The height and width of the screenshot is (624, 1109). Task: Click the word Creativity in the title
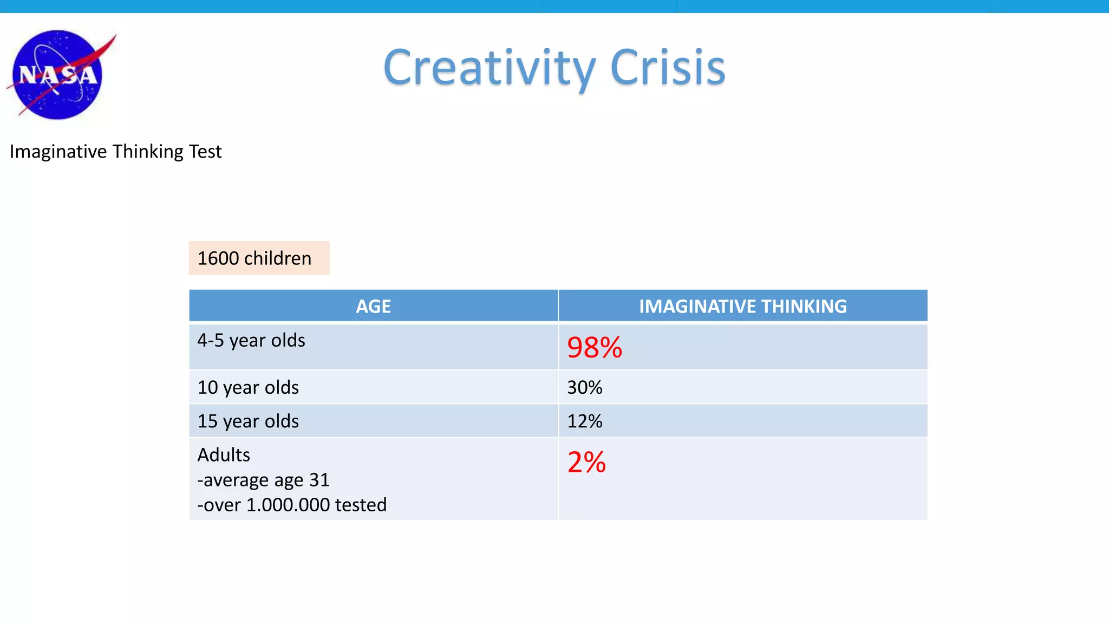[488, 68]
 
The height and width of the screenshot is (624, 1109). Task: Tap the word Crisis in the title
[667, 68]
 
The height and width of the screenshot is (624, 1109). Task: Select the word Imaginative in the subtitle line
[58, 152]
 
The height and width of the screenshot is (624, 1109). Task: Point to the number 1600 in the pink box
[218, 258]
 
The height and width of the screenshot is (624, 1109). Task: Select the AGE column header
[373, 307]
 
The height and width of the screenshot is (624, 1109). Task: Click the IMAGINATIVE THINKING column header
[742, 307]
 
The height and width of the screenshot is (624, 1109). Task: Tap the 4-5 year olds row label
[251, 341]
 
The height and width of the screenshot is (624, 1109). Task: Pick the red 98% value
[594, 348]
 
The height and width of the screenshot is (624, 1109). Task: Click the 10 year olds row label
[248, 388]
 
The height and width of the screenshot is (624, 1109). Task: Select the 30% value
[584, 388]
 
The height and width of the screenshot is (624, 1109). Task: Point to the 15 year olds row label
[248, 421]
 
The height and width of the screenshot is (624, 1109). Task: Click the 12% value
[584, 421]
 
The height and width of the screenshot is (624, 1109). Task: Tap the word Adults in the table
[223, 455]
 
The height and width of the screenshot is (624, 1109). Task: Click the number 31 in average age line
[319, 480]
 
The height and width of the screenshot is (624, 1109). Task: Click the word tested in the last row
[361, 505]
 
